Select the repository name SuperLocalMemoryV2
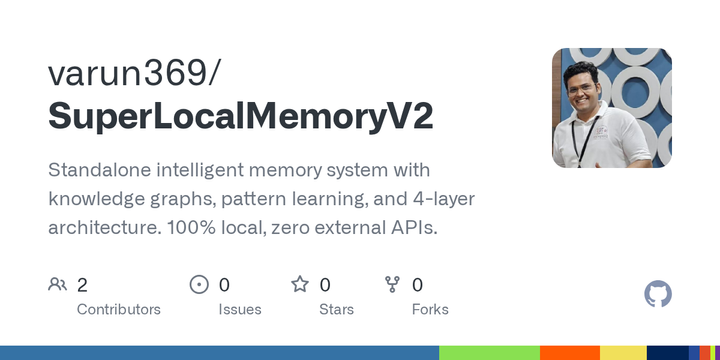tap(241, 116)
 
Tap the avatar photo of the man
tap(611, 108)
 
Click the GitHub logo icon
tap(658, 294)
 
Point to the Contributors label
tap(118, 309)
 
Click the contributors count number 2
tap(82, 285)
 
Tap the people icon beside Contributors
tap(57, 285)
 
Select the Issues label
tap(240, 309)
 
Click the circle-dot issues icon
tap(199, 285)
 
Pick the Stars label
tap(336, 309)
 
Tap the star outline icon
tap(300, 285)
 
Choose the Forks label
tap(430, 309)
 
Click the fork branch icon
tap(393, 285)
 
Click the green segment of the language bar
tap(489, 353)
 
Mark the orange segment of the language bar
tap(569, 353)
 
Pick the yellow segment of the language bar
tap(622, 353)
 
